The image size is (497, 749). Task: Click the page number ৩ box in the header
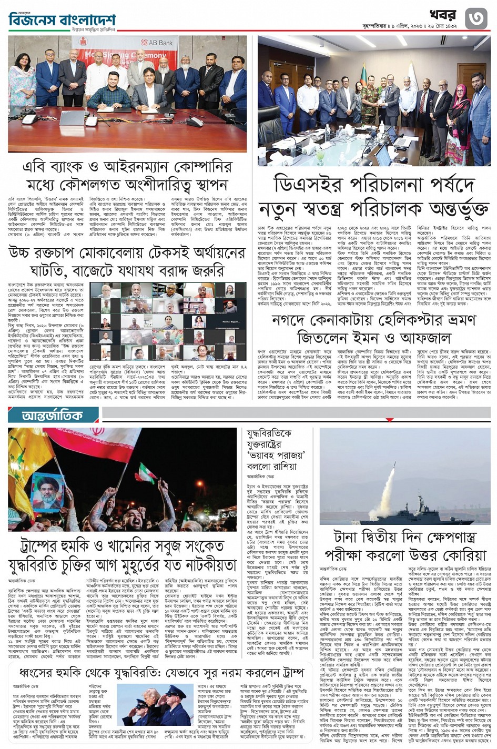click(x=476, y=19)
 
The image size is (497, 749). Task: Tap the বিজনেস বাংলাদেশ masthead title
click(x=62, y=20)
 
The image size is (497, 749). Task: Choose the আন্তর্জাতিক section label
click(x=53, y=416)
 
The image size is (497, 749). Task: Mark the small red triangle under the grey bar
click(x=389, y=420)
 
